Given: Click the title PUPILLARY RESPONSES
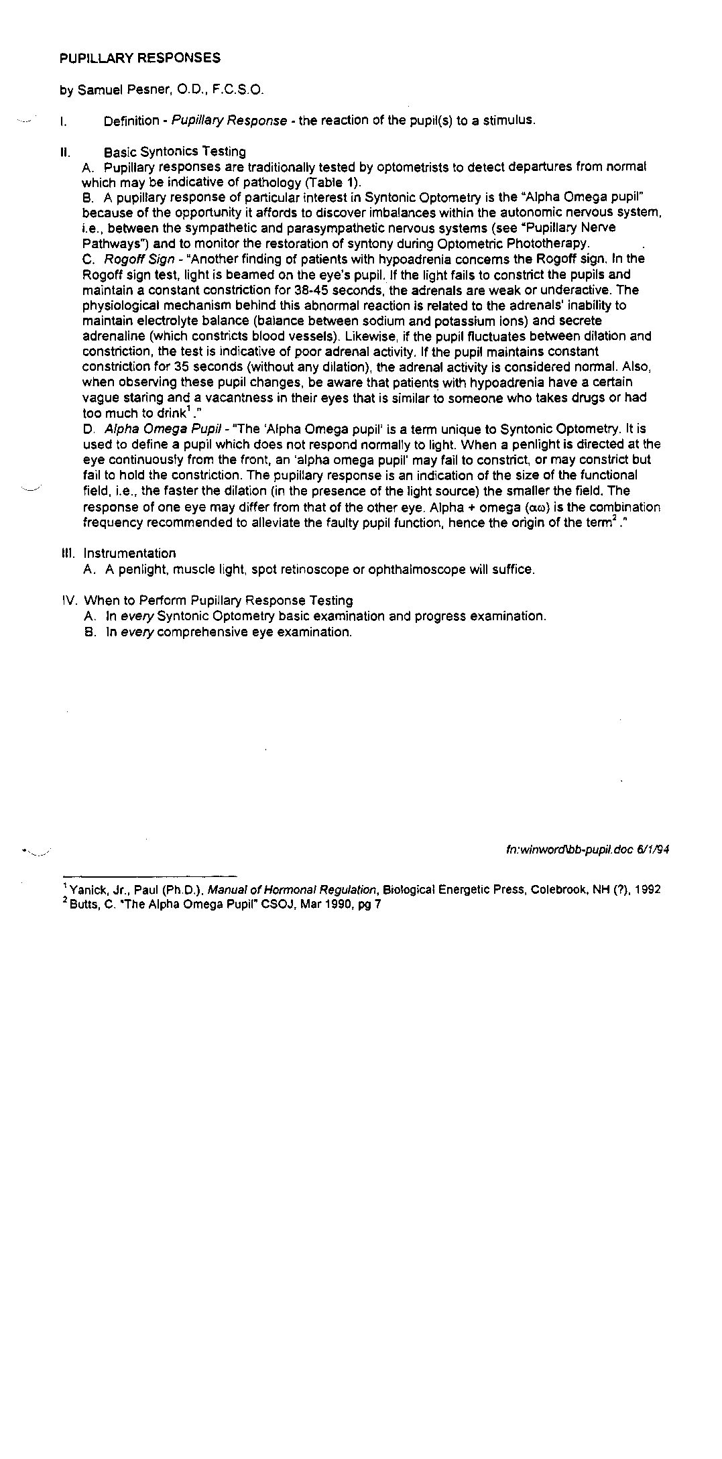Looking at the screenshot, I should [139, 58].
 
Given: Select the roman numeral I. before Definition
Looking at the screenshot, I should [62, 122].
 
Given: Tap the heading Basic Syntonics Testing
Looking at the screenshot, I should [175, 152].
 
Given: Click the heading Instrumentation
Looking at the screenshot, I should [129, 554].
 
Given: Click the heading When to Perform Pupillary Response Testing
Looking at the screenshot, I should [218, 601].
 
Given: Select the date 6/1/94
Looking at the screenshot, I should [653, 850].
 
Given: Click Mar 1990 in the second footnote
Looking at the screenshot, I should [320, 904].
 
